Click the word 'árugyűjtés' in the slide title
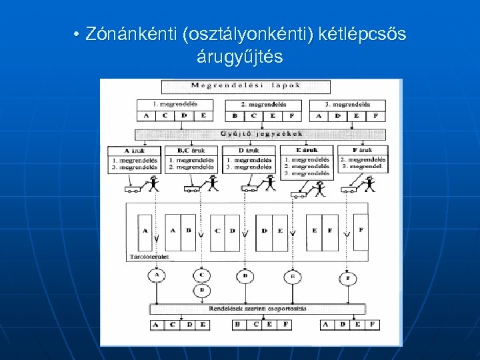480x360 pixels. point(239,57)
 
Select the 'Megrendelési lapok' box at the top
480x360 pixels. point(246,86)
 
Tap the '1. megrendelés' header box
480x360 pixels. point(175,105)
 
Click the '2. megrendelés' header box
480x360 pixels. point(263,105)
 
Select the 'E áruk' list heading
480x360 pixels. point(306,151)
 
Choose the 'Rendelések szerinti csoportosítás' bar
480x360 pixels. point(258,309)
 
